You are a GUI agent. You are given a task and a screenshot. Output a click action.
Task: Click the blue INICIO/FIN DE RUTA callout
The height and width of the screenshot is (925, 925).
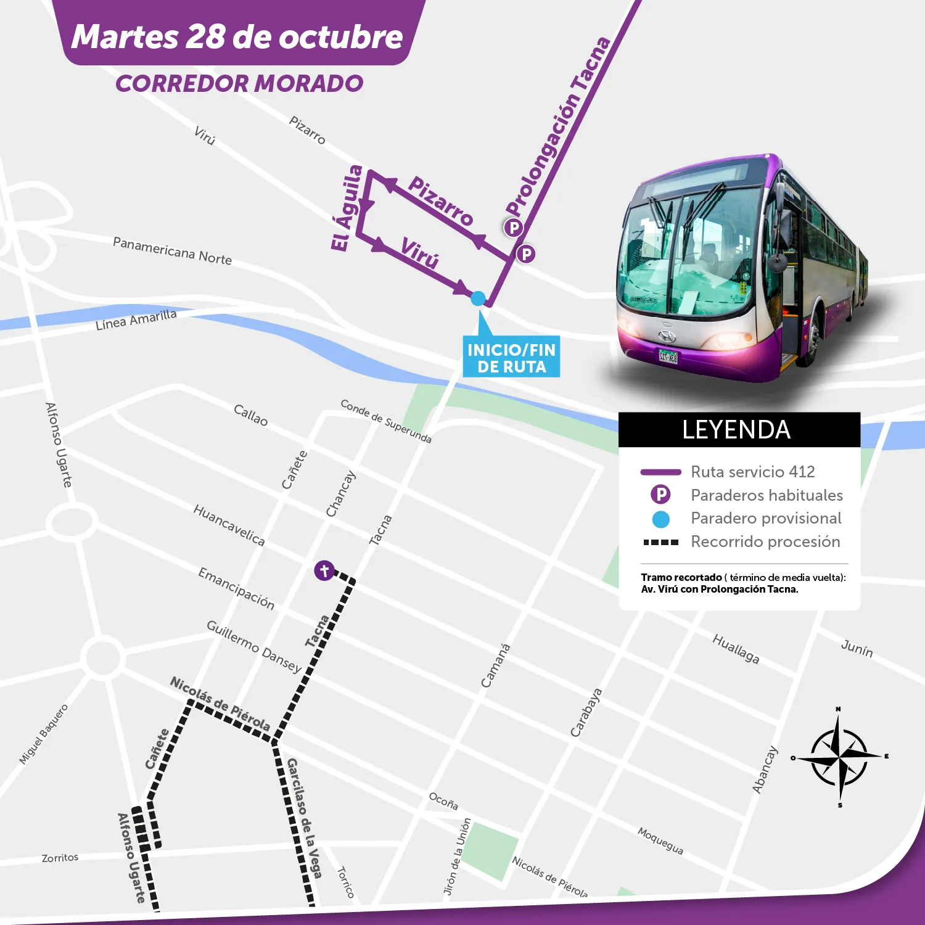(511, 357)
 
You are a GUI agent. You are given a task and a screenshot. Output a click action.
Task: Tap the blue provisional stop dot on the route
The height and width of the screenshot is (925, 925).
(478, 298)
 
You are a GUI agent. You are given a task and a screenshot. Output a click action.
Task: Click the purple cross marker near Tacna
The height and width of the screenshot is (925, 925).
(324, 570)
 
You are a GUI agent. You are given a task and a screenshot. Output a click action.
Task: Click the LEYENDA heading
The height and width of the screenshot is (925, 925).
(736, 430)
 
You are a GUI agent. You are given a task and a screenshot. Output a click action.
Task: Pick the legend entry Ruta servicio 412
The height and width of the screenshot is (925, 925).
(752, 472)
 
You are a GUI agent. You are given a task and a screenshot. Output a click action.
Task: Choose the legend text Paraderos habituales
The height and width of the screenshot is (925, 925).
(767, 495)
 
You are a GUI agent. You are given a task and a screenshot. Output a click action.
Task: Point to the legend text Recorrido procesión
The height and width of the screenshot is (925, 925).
(765, 541)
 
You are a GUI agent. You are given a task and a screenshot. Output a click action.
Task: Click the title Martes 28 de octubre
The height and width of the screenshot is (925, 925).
(237, 36)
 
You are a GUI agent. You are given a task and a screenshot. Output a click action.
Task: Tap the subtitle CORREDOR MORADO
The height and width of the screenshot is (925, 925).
(239, 84)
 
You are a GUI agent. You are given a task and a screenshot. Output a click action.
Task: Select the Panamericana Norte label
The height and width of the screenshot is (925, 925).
(173, 251)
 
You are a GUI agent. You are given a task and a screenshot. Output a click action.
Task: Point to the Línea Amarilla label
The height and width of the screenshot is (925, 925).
(136, 320)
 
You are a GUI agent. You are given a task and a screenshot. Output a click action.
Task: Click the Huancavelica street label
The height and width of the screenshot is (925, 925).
(229, 525)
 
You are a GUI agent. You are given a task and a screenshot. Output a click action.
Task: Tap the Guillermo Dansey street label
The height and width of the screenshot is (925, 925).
(253, 646)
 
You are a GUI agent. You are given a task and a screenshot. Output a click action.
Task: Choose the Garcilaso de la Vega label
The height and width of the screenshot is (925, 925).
(304, 818)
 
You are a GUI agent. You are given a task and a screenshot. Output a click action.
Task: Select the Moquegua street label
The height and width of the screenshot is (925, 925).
(660, 841)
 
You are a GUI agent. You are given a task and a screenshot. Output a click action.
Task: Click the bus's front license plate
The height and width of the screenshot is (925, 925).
(668, 356)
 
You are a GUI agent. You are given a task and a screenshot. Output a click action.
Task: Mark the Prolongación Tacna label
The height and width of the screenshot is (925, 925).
(558, 126)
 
